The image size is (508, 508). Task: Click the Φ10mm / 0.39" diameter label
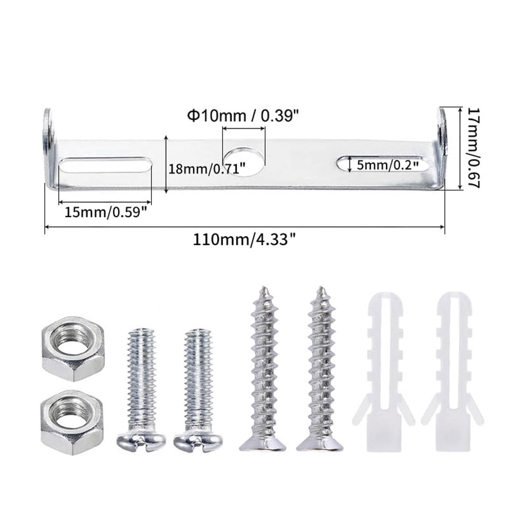pyautogui.click(x=243, y=116)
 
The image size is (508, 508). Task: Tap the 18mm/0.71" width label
pyautogui.click(x=207, y=169)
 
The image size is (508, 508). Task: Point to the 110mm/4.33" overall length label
pyautogui.click(x=244, y=240)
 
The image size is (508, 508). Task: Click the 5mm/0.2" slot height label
pyautogui.click(x=388, y=165)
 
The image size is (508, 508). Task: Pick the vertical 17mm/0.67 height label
pyautogui.click(x=473, y=148)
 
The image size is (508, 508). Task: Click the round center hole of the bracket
pyautogui.click(x=244, y=162)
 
